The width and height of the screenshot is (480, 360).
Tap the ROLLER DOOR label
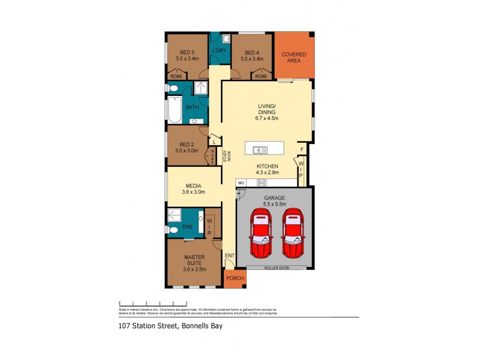(x=276, y=268)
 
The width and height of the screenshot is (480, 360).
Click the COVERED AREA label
(x=294, y=58)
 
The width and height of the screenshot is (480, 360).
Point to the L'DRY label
(x=219, y=51)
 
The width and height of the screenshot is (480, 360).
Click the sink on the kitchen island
(x=260, y=150)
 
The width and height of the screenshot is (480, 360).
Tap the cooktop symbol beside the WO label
(x=262, y=182)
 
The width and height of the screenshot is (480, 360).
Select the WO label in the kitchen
(x=241, y=182)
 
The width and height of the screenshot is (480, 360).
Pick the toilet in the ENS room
(x=173, y=229)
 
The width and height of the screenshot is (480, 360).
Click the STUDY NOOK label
(x=226, y=155)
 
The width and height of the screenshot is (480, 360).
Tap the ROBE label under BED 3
(x=176, y=76)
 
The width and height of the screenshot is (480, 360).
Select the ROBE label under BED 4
(x=260, y=76)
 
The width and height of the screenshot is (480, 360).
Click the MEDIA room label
(x=193, y=186)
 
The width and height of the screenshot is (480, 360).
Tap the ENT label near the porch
(x=229, y=256)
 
